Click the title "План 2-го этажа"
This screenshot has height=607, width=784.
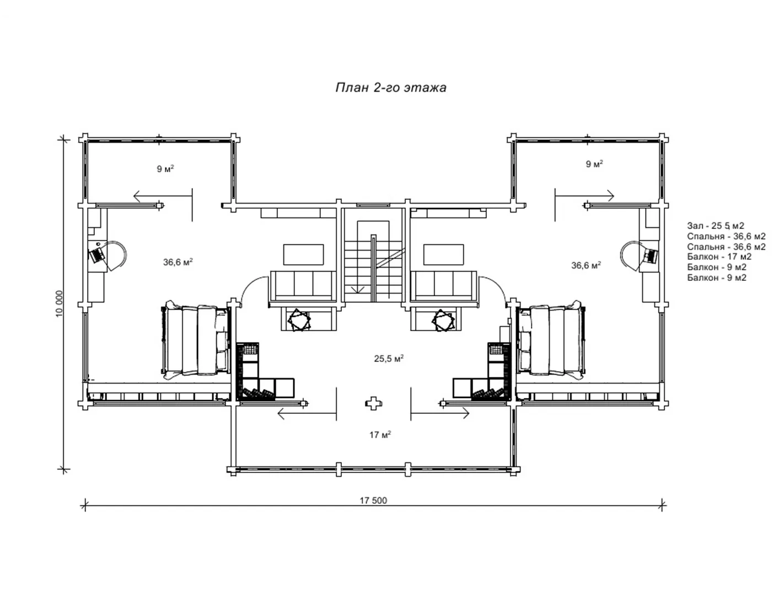(391, 88)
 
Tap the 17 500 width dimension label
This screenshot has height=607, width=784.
(373, 500)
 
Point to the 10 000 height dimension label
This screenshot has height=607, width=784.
(60, 303)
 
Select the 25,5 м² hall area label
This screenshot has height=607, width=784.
(389, 358)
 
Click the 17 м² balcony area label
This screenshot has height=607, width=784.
(380, 434)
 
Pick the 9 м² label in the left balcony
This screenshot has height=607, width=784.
(165, 169)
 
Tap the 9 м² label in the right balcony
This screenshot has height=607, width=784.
(594, 164)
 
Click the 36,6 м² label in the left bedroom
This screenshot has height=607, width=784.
(178, 262)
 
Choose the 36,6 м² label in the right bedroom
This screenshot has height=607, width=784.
(586, 265)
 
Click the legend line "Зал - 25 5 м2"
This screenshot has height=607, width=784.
(716, 226)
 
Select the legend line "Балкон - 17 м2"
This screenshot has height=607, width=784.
(719, 257)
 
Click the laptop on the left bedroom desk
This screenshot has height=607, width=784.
(96, 255)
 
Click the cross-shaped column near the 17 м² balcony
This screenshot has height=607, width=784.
(373, 403)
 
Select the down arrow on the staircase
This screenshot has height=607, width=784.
(358, 289)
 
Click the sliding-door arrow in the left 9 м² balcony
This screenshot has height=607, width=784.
(163, 196)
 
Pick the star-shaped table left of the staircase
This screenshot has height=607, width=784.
(299, 320)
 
